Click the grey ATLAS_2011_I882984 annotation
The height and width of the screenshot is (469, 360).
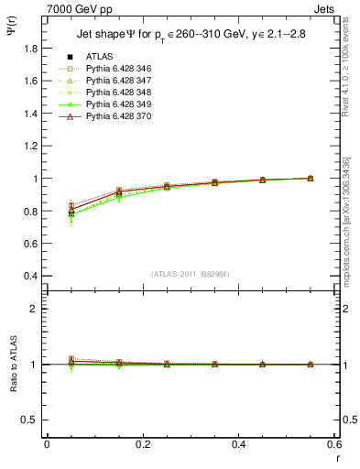click(191, 274)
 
